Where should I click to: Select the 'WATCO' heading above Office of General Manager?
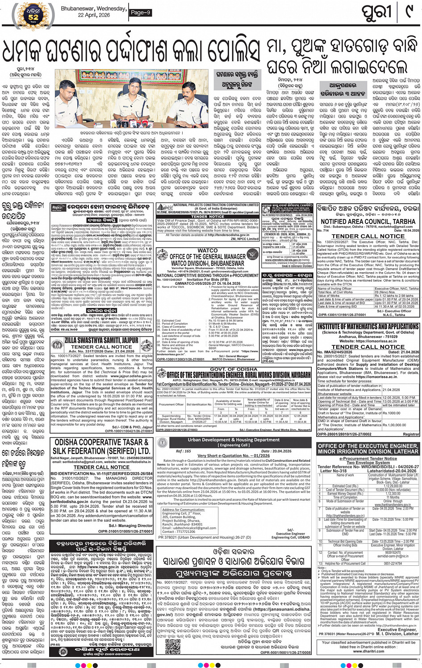[x=207, y=251]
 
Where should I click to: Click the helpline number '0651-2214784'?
[x=393, y=564]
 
